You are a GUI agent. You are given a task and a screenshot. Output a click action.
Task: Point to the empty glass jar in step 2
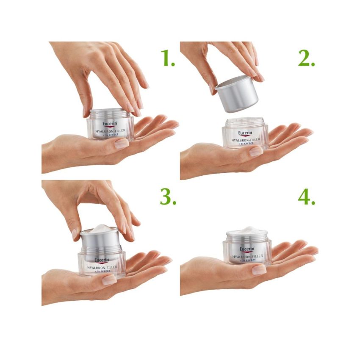click(245, 135)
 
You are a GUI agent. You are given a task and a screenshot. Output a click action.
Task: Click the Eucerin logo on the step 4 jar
click(247, 249)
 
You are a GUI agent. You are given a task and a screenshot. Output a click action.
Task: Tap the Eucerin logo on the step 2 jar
click(246, 132)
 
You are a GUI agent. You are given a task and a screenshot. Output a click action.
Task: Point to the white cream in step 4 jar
click(246, 230)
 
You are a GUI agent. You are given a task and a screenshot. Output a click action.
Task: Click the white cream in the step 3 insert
click(100, 229)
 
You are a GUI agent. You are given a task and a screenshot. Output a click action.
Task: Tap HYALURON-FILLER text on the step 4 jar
click(247, 257)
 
